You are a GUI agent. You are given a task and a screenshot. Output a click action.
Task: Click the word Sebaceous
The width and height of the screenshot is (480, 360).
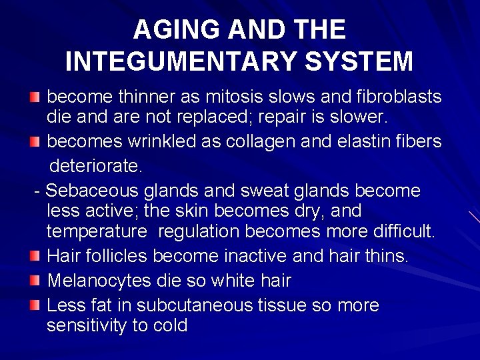(93, 191)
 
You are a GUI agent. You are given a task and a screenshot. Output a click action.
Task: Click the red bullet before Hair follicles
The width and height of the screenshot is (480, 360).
(35, 256)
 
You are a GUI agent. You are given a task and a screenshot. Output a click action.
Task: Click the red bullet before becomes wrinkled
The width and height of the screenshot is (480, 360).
(35, 142)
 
